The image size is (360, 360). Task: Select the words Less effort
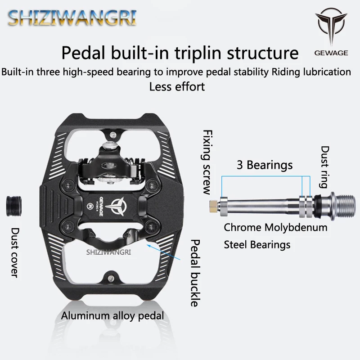177,86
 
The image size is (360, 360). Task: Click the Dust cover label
14,252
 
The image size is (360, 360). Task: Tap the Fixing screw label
207,162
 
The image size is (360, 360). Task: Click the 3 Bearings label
265,165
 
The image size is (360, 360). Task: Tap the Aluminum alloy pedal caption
112,316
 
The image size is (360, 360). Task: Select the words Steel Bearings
257,245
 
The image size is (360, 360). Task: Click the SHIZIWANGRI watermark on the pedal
108,252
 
